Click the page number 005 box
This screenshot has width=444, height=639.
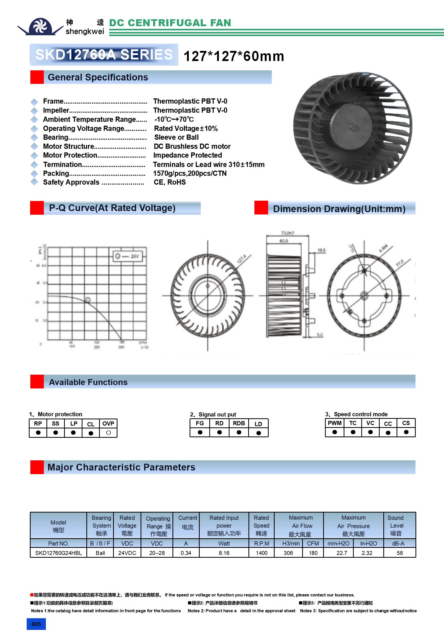coord(36,624)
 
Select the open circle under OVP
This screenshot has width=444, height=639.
coord(108,433)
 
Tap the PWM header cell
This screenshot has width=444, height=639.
coord(335,423)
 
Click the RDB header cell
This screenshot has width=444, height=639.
coord(239,423)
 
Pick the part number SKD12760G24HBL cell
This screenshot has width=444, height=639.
coord(58,553)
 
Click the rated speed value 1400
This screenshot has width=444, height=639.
coord(262,553)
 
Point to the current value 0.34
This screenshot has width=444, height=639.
coord(186,553)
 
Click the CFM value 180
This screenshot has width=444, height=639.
coord(313,553)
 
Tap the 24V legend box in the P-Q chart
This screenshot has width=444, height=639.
coord(128,256)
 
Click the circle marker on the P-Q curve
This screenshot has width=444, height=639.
coord(88,300)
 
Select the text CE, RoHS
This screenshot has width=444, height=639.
coord(170,182)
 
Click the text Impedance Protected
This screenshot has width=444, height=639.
coord(188,155)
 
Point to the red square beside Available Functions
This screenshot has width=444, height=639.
coord(37,382)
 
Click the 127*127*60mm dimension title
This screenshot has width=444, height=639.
coord(234,56)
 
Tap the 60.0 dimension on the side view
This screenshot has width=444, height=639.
coord(283,241)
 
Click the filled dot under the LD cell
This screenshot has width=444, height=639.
coord(259,433)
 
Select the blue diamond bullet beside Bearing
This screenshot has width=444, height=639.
coord(34,138)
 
